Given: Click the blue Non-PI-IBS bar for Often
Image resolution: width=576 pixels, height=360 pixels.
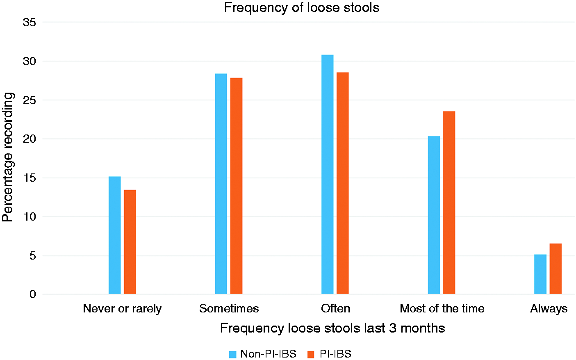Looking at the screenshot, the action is click(x=327, y=174).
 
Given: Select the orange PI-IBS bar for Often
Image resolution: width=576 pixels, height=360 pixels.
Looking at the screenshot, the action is click(x=342, y=183).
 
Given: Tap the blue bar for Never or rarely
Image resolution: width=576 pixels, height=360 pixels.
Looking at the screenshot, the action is click(x=115, y=235).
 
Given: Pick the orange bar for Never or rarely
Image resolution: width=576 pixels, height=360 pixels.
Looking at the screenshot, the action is click(x=130, y=242).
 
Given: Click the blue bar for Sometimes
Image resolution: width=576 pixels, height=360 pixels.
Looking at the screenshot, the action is click(x=221, y=184).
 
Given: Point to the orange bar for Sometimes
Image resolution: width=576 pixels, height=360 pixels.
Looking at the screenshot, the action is click(x=236, y=186).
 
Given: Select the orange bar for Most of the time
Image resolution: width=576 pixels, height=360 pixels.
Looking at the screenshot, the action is click(x=449, y=203).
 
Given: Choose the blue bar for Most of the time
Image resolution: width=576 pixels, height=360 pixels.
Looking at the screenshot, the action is click(x=434, y=215).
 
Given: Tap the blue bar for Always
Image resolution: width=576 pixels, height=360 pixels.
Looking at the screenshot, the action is click(x=540, y=274).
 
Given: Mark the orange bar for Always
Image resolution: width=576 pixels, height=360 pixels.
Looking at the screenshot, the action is click(x=556, y=269).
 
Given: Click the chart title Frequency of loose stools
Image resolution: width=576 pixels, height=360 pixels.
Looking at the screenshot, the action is click(x=302, y=7).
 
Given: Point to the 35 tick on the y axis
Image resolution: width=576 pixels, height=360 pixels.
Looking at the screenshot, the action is click(x=30, y=23).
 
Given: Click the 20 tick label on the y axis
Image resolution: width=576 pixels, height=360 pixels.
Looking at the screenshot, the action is click(x=30, y=139).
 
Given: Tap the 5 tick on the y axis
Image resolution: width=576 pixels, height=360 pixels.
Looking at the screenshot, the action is click(x=33, y=256).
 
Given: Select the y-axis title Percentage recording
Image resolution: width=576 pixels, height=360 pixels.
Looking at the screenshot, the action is click(x=7, y=157).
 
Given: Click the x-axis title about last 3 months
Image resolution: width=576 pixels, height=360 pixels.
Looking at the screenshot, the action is click(x=332, y=328).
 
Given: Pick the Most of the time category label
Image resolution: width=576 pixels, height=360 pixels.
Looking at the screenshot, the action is click(x=442, y=308).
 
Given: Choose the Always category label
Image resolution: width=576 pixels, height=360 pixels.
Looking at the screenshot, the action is click(x=549, y=309).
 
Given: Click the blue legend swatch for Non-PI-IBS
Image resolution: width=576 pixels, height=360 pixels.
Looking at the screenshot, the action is click(x=232, y=354).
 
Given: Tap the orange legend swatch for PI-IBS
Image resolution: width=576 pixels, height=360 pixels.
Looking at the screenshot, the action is click(x=311, y=354).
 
